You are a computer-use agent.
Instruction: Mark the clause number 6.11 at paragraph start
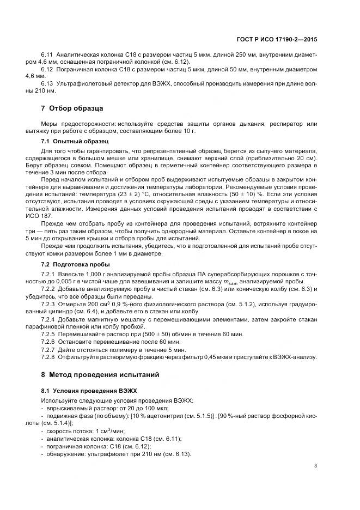click(x=47, y=56)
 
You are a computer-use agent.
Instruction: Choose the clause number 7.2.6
click(x=48, y=341)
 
